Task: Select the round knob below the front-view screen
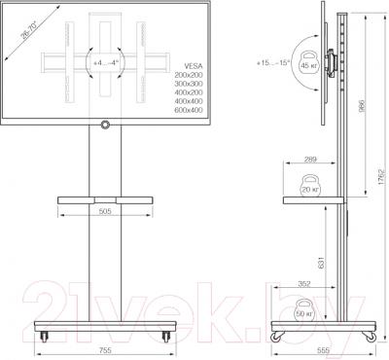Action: pos(105,125)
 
